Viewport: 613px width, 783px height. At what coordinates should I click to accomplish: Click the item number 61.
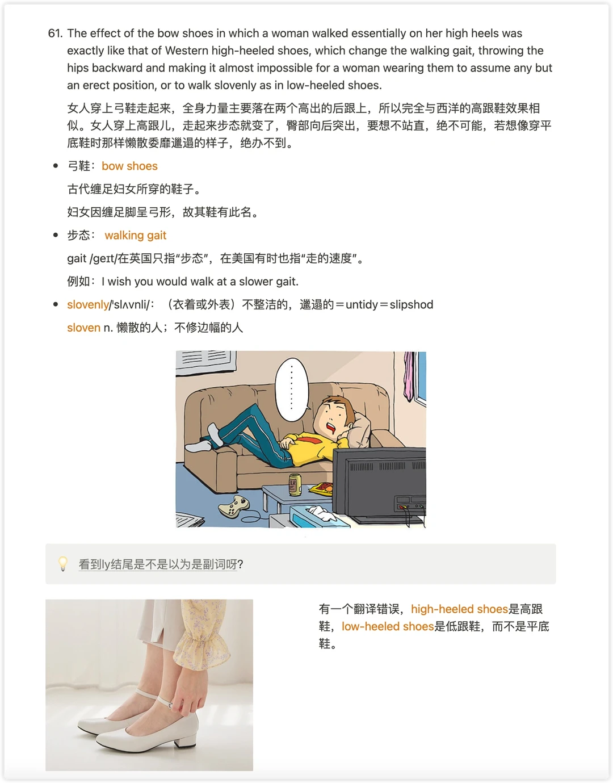coord(55,34)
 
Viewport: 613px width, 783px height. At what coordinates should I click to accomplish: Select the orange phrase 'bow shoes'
coord(129,166)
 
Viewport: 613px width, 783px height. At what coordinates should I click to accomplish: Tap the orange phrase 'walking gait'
coord(136,236)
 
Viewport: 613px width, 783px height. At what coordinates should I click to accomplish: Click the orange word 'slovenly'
coord(88,305)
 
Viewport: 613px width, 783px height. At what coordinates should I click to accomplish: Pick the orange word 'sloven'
coord(83,328)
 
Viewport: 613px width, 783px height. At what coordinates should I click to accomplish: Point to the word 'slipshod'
coord(412,305)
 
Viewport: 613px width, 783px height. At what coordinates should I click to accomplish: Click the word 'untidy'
coord(362,305)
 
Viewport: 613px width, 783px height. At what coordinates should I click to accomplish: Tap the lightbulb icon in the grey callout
coord(63,564)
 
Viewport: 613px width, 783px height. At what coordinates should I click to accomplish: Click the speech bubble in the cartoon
coord(292,390)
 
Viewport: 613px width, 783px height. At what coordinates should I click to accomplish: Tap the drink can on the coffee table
coord(295,484)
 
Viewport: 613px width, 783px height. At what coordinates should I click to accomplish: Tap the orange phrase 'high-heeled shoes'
coord(459,609)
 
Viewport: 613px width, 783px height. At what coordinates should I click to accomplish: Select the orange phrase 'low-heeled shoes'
coord(388,627)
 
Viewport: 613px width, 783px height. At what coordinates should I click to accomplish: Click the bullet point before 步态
coord(56,235)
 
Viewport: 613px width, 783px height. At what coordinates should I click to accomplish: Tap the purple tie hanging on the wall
coord(409,376)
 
